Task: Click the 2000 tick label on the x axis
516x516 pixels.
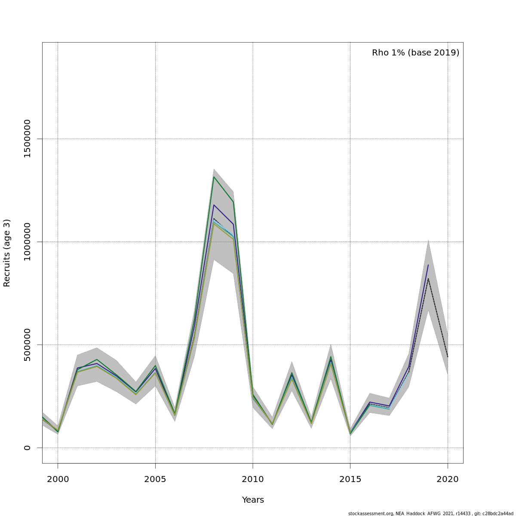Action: point(58,479)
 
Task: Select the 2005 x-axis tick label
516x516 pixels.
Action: point(155,479)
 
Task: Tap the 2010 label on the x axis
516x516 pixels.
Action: point(253,479)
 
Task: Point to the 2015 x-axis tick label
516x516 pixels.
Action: point(350,479)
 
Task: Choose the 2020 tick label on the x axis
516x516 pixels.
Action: point(448,479)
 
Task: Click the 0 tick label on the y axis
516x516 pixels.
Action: point(27,448)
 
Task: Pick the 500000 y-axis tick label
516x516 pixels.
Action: point(27,345)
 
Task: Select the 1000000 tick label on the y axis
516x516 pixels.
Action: point(27,242)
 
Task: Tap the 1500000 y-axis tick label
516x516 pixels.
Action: point(27,139)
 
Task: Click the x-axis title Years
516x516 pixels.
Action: point(253,500)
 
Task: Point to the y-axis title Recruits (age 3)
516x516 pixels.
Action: point(7,253)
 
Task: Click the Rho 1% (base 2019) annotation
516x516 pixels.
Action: point(415,53)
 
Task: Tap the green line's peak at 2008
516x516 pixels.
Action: point(214,177)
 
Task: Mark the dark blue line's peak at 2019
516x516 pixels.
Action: point(428,265)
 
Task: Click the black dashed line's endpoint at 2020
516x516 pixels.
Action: point(448,357)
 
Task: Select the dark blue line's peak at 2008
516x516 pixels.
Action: point(214,205)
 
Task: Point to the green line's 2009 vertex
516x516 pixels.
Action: point(233,202)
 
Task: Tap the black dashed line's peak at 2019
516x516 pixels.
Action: point(428,279)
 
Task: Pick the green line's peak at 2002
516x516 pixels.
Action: point(97,359)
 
